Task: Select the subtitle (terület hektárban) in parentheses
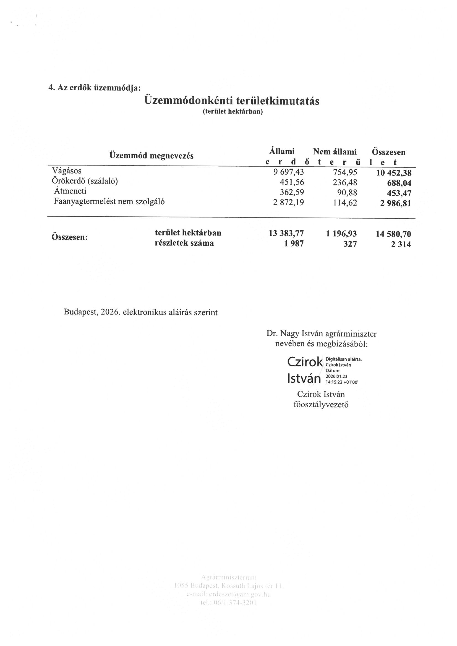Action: [233, 112]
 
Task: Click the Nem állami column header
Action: [335, 152]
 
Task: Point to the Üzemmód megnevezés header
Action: [152, 156]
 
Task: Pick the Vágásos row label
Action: [66, 170]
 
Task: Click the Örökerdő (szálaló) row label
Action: [85, 181]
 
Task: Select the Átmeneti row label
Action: [70, 191]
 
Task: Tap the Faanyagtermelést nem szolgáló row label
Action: [109, 201]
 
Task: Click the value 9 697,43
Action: [289, 172]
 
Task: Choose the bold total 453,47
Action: [399, 193]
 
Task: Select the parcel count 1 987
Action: [294, 244]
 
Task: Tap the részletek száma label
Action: [184, 243]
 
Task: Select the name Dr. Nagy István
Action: [294, 334]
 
